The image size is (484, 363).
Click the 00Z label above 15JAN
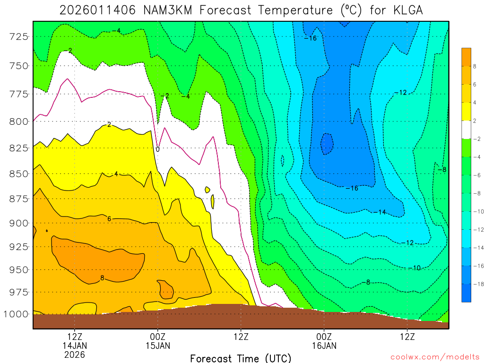157,337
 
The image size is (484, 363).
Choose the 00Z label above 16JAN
324,337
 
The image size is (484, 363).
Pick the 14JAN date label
74,346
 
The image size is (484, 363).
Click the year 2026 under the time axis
74,354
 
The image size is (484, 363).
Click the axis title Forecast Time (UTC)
241,358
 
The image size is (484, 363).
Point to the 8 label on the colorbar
475,66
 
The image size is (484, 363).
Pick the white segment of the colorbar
467,130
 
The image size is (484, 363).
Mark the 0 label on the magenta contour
157,149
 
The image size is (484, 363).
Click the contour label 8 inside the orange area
102,278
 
